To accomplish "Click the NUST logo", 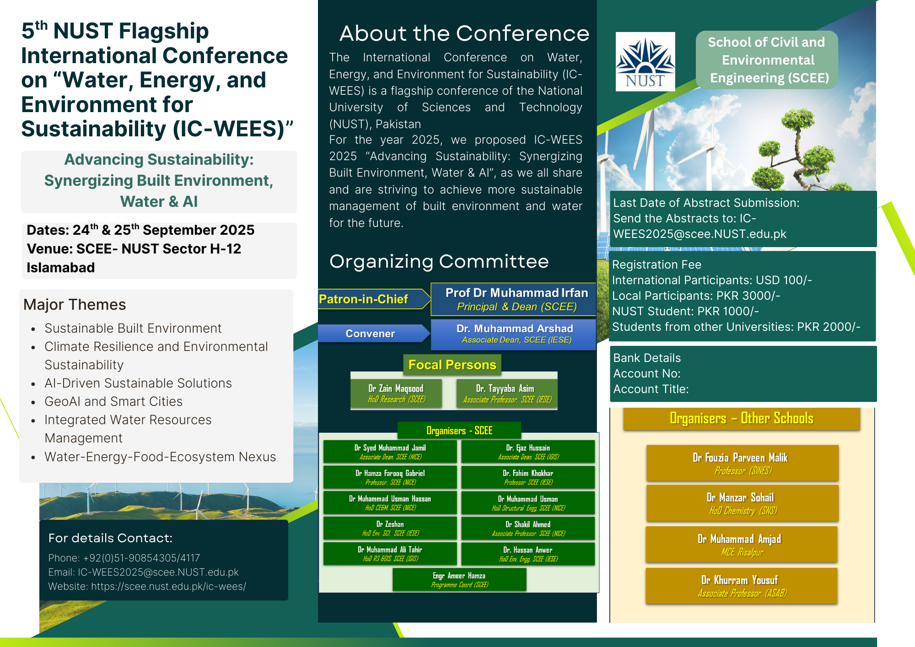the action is point(645,61).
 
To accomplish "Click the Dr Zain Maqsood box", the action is point(397,394).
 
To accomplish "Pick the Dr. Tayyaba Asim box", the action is point(507,394).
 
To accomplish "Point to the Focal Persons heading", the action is point(452,365).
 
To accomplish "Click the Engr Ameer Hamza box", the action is point(459,580).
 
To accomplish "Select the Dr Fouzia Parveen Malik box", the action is point(742,463).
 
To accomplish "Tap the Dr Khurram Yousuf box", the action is point(742,586).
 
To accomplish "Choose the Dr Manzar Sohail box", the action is point(742,503).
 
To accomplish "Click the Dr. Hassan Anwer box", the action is point(528,554).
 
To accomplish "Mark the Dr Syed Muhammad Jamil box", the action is point(390,452).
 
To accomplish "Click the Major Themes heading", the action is point(75,305).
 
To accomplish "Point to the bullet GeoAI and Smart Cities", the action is point(113,401).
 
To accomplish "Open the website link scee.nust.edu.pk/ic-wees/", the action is point(168,587).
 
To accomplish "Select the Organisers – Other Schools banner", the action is point(742,419).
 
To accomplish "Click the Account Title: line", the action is point(651,389).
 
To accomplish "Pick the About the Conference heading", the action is point(464,33).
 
